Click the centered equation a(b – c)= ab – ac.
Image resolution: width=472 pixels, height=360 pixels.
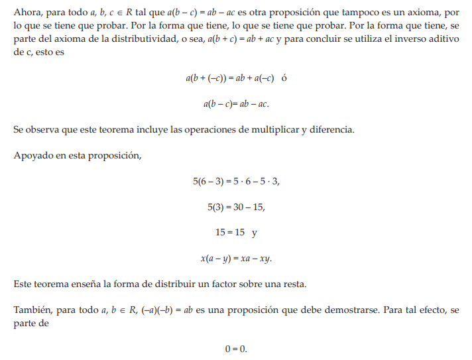click(x=236, y=103)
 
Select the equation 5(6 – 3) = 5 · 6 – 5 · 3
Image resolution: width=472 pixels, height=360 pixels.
click(x=236, y=181)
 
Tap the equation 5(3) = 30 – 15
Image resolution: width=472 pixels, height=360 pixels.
click(x=236, y=207)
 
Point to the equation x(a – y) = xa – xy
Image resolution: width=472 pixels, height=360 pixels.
click(x=236, y=259)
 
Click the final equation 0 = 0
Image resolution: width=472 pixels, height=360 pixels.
click(x=236, y=349)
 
